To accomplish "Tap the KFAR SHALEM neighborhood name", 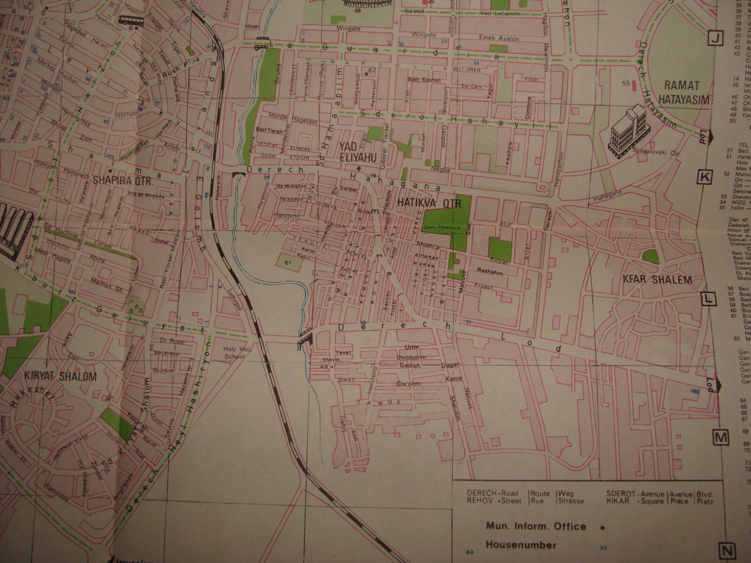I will [657, 280].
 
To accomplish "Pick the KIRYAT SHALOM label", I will [60, 376].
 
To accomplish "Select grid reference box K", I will [705, 178].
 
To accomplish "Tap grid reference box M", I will [720, 438].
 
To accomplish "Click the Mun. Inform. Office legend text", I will [536, 526].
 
